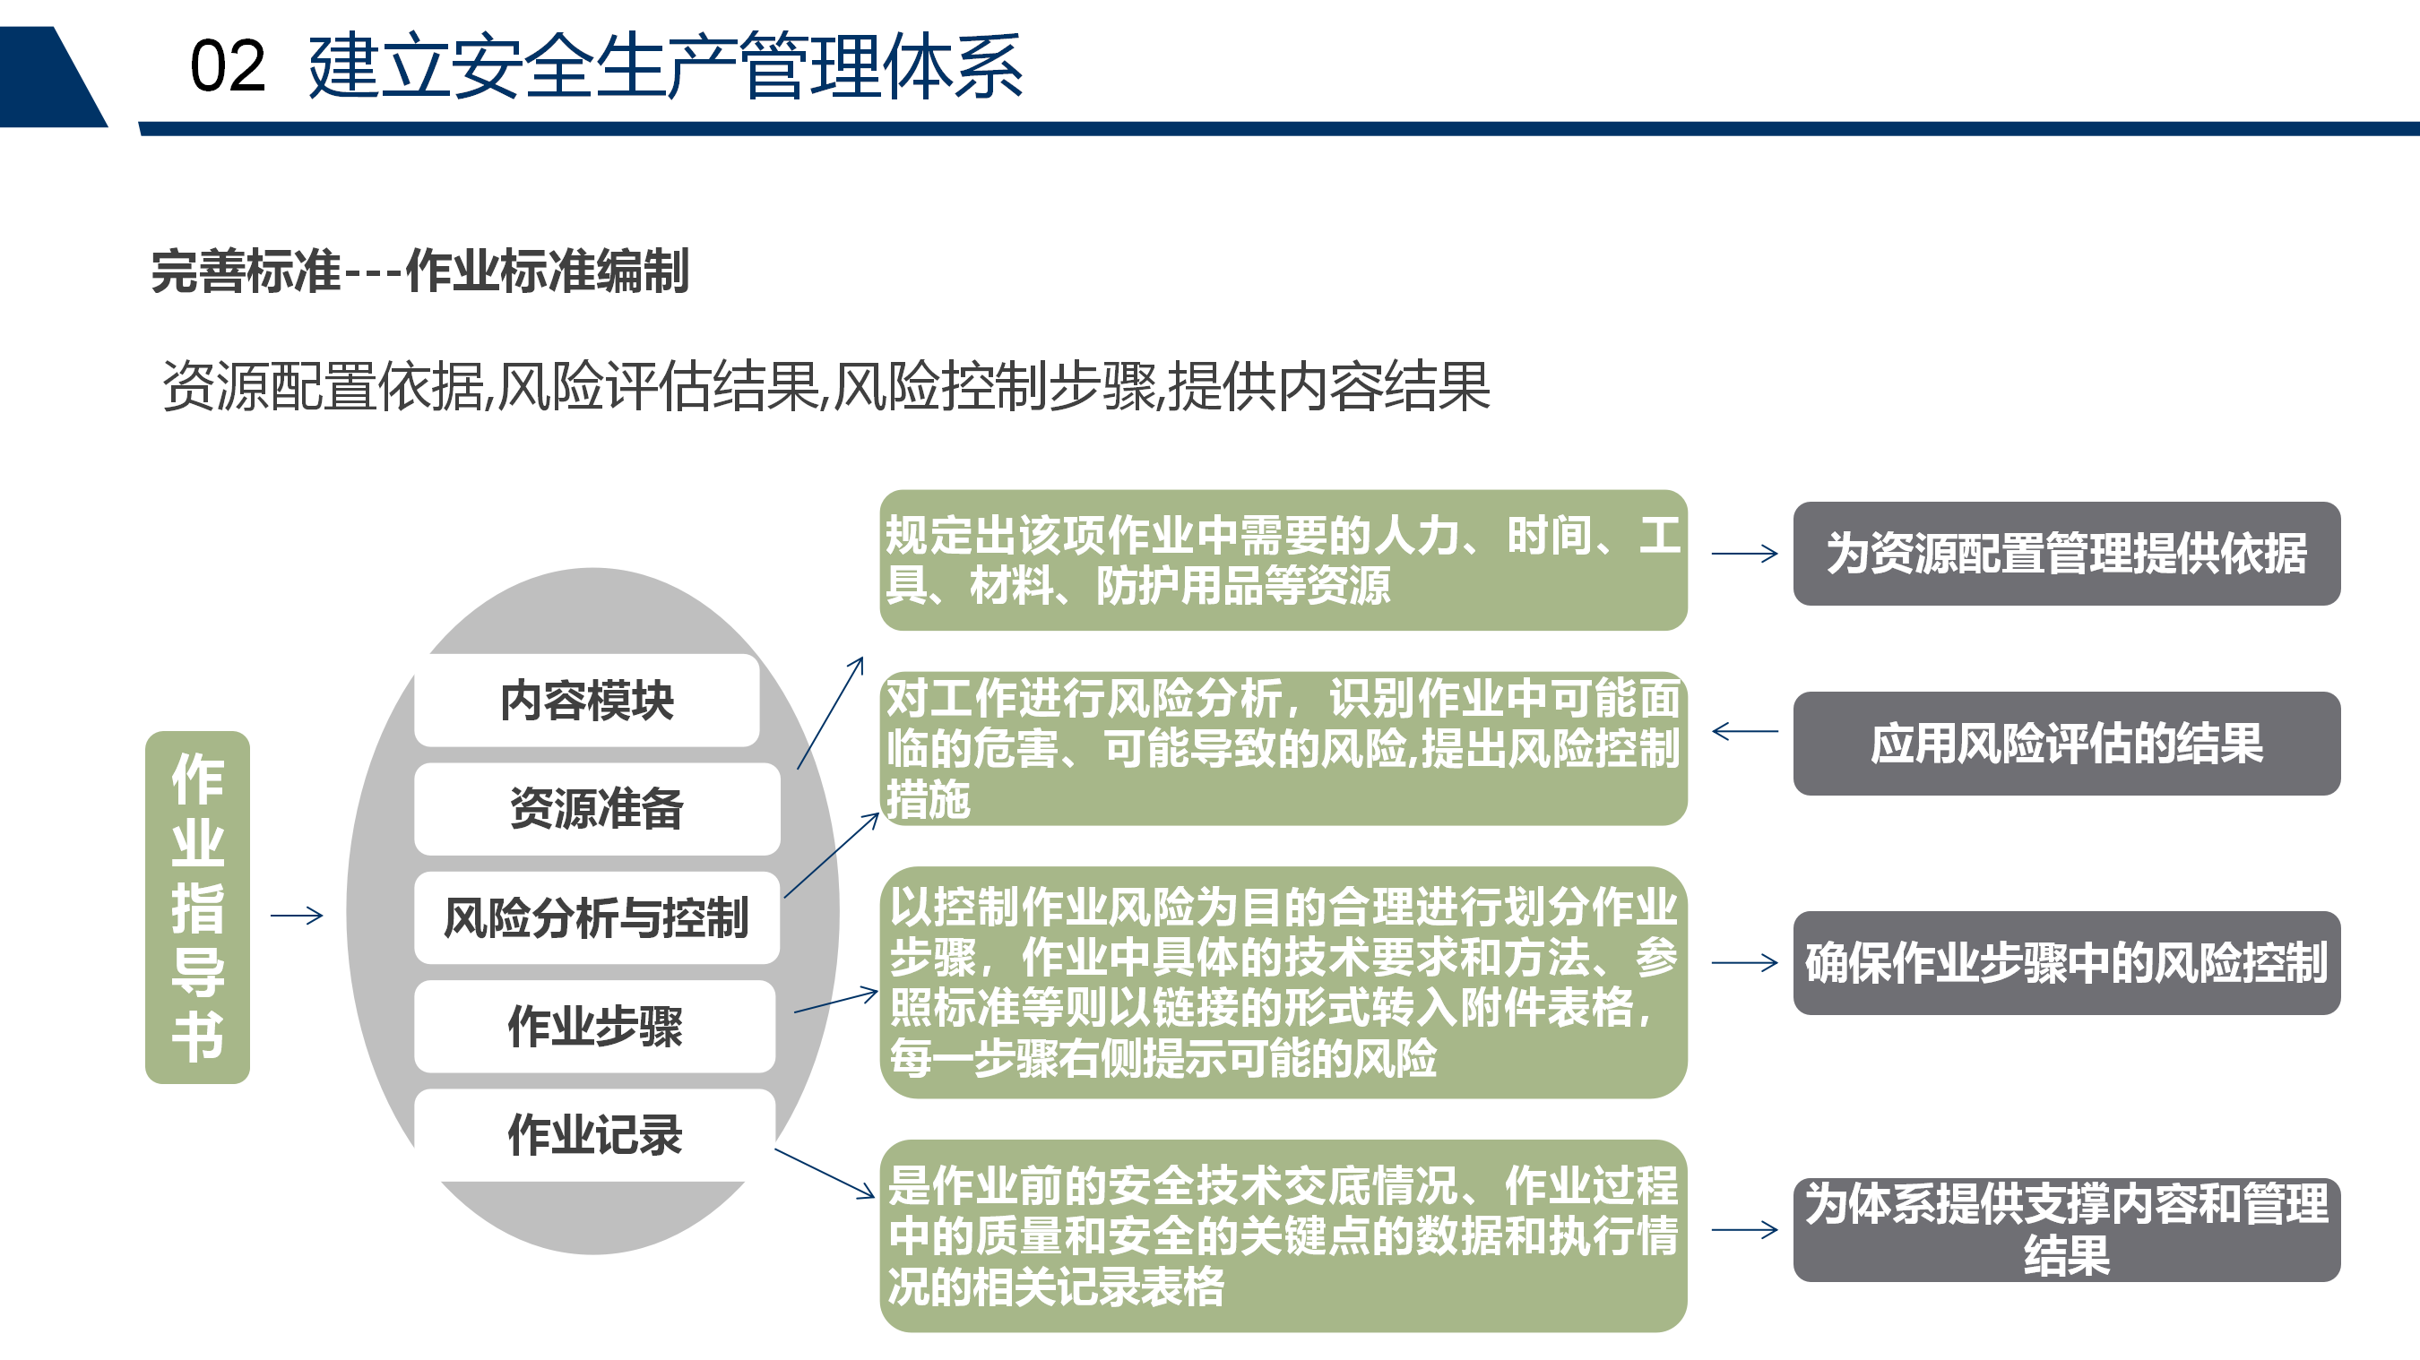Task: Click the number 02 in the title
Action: (228, 66)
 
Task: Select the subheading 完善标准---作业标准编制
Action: (420, 271)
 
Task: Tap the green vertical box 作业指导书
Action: (197, 908)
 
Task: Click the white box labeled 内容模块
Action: (587, 700)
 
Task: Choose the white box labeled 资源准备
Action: (597, 809)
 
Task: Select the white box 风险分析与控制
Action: (597, 917)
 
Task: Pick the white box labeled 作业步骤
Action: (594, 1027)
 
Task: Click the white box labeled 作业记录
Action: (594, 1134)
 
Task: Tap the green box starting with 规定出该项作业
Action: (1283, 560)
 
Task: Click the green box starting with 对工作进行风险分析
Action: (1283, 749)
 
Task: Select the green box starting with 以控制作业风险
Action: (1283, 983)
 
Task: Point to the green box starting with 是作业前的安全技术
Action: (1283, 1236)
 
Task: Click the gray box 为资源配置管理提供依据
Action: (2067, 553)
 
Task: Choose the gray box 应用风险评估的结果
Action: (2067, 744)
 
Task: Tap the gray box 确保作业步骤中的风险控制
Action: (2067, 963)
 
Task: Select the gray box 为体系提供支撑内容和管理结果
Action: (2067, 1229)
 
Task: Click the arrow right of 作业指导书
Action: (297, 915)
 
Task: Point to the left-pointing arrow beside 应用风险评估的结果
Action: (1744, 731)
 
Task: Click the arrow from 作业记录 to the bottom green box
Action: (825, 1173)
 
